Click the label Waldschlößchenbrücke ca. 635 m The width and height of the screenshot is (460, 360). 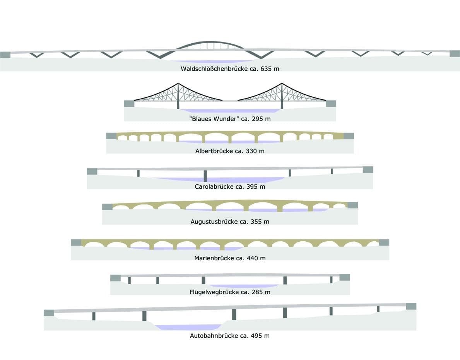coord(230,69)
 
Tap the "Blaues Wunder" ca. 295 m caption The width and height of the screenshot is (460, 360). coord(230,119)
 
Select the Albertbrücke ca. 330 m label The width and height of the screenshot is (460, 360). coord(230,151)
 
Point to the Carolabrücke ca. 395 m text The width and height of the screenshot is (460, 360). coord(230,186)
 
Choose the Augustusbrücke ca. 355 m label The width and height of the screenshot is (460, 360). coord(230,222)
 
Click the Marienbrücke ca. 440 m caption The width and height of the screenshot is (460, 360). coord(230,258)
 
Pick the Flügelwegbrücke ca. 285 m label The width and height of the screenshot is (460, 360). coord(230,292)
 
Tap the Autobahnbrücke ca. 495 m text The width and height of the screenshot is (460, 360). coord(230,336)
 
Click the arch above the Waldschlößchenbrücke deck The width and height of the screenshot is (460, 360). coord(210,42)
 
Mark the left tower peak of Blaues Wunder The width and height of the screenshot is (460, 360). coord(178,84)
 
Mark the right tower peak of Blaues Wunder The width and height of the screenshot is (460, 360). coord(282,84)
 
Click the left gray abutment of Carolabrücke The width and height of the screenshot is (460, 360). coord(92,171)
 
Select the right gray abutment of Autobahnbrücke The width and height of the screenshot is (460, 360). coord(411,306)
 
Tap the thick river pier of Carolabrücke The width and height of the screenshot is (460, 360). coord(205,176)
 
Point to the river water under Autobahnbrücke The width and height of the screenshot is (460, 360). coord(188,327)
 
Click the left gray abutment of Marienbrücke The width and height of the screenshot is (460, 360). coord(76,242)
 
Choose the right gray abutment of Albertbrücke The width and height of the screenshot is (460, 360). coord(349,136)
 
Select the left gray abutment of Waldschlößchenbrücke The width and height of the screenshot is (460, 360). coord(5,55)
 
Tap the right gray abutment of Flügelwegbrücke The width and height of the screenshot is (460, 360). coord(344,277)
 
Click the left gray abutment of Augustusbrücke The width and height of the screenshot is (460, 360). coord(107,207)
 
